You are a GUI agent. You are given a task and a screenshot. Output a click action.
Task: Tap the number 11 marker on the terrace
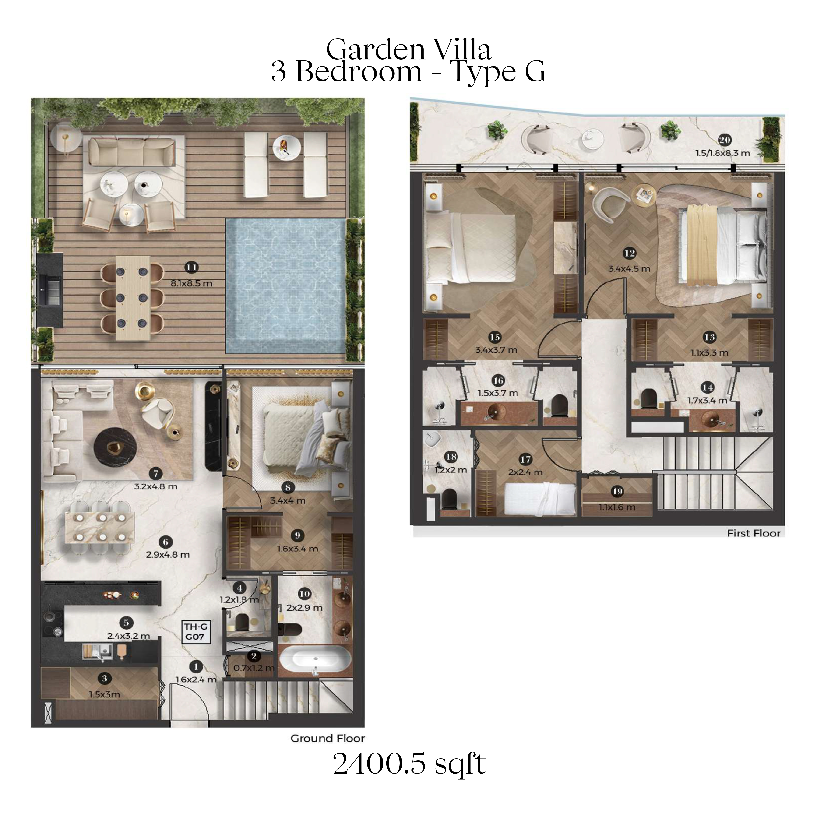[x=191, y=267]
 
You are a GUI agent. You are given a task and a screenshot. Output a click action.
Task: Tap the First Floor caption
[x=754, y=533]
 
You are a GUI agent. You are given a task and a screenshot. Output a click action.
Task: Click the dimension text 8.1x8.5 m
[x=191, y=283]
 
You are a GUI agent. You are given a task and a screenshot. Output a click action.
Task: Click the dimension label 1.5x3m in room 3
[x=104, y=694]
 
